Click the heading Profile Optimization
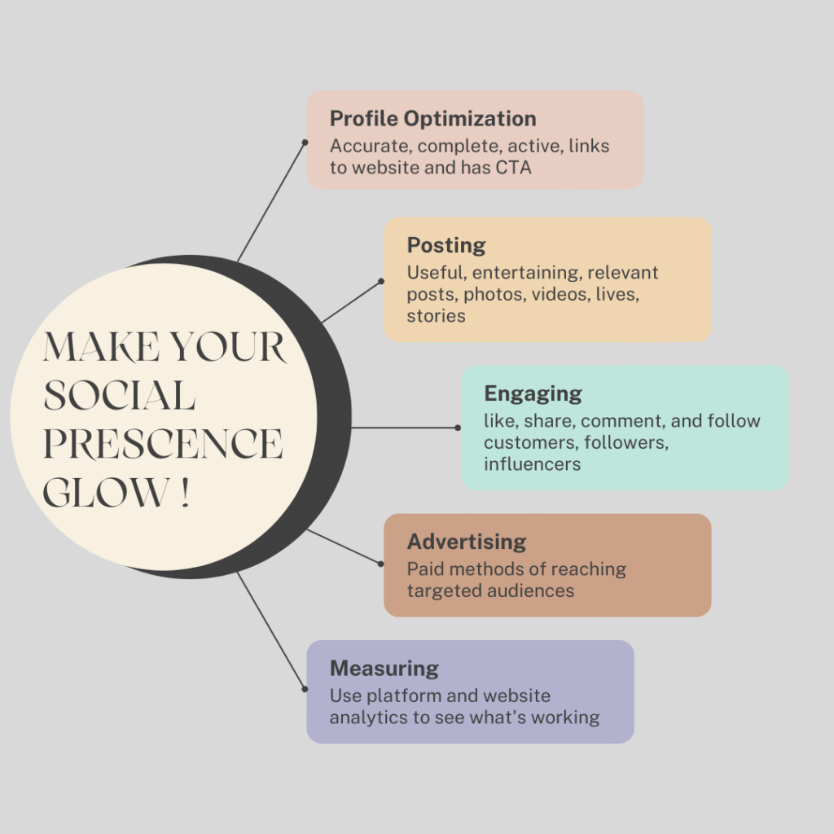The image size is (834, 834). point(432,119)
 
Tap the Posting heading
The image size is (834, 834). point(446,245)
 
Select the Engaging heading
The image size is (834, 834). point(533,393)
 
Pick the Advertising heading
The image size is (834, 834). point(467,542)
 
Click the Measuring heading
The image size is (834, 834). point(384,669)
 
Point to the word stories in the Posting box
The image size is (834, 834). point(437,316)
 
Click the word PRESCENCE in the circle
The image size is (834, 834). point(163,445)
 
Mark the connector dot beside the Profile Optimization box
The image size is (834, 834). point(305,142)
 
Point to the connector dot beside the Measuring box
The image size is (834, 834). point(305,689)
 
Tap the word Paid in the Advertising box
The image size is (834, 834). point(425,568)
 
